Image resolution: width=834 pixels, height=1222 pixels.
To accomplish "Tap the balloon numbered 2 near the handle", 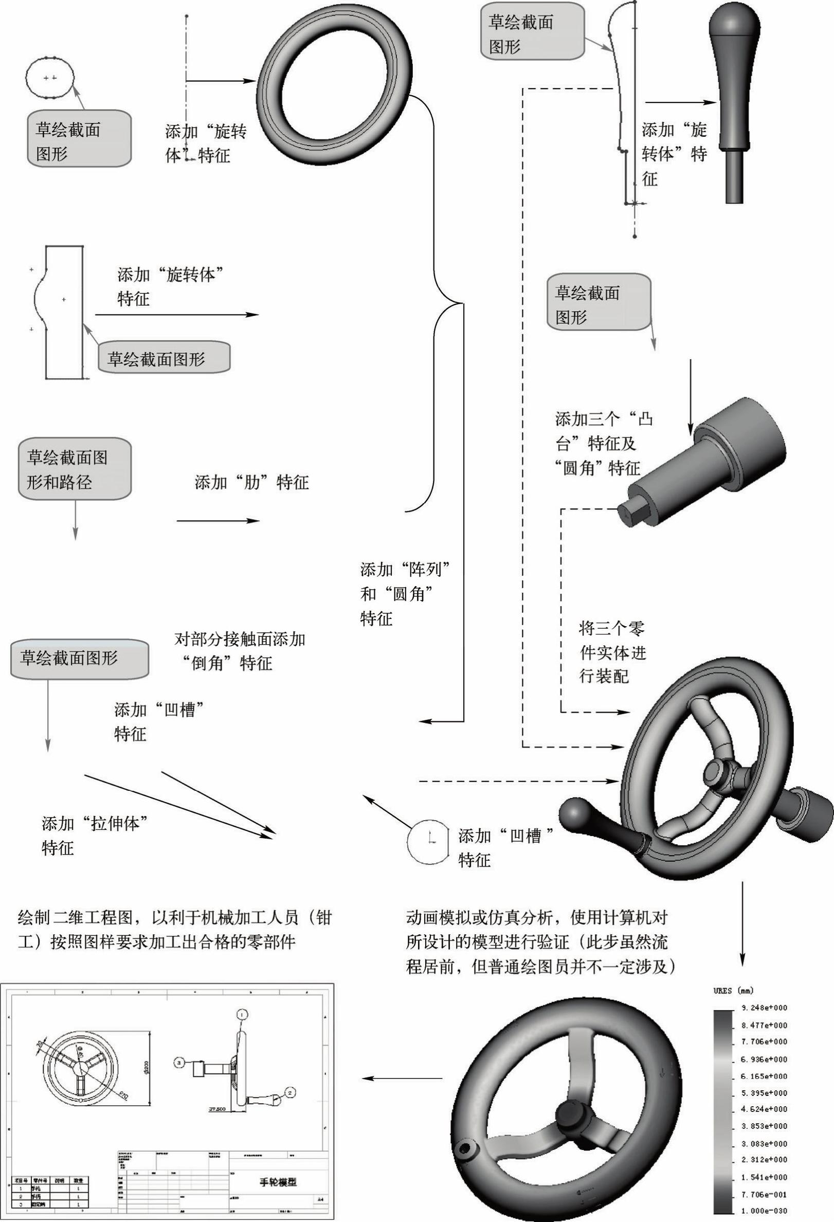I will [x=289, y=1093].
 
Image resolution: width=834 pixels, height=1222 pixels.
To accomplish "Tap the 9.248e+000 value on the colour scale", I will [x=764, y=1008].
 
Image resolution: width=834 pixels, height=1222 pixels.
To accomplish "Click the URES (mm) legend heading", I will [x=733, y=990].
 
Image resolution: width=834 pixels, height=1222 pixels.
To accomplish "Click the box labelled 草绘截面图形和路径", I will [x=75, y=470].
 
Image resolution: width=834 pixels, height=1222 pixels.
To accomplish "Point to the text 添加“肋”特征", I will [x=252, y=482].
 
